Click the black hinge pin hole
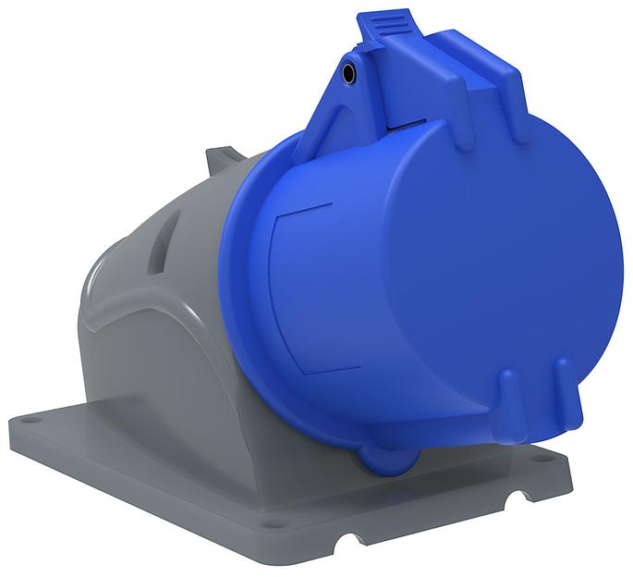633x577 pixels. pyautogui.click(x=350, y=71)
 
